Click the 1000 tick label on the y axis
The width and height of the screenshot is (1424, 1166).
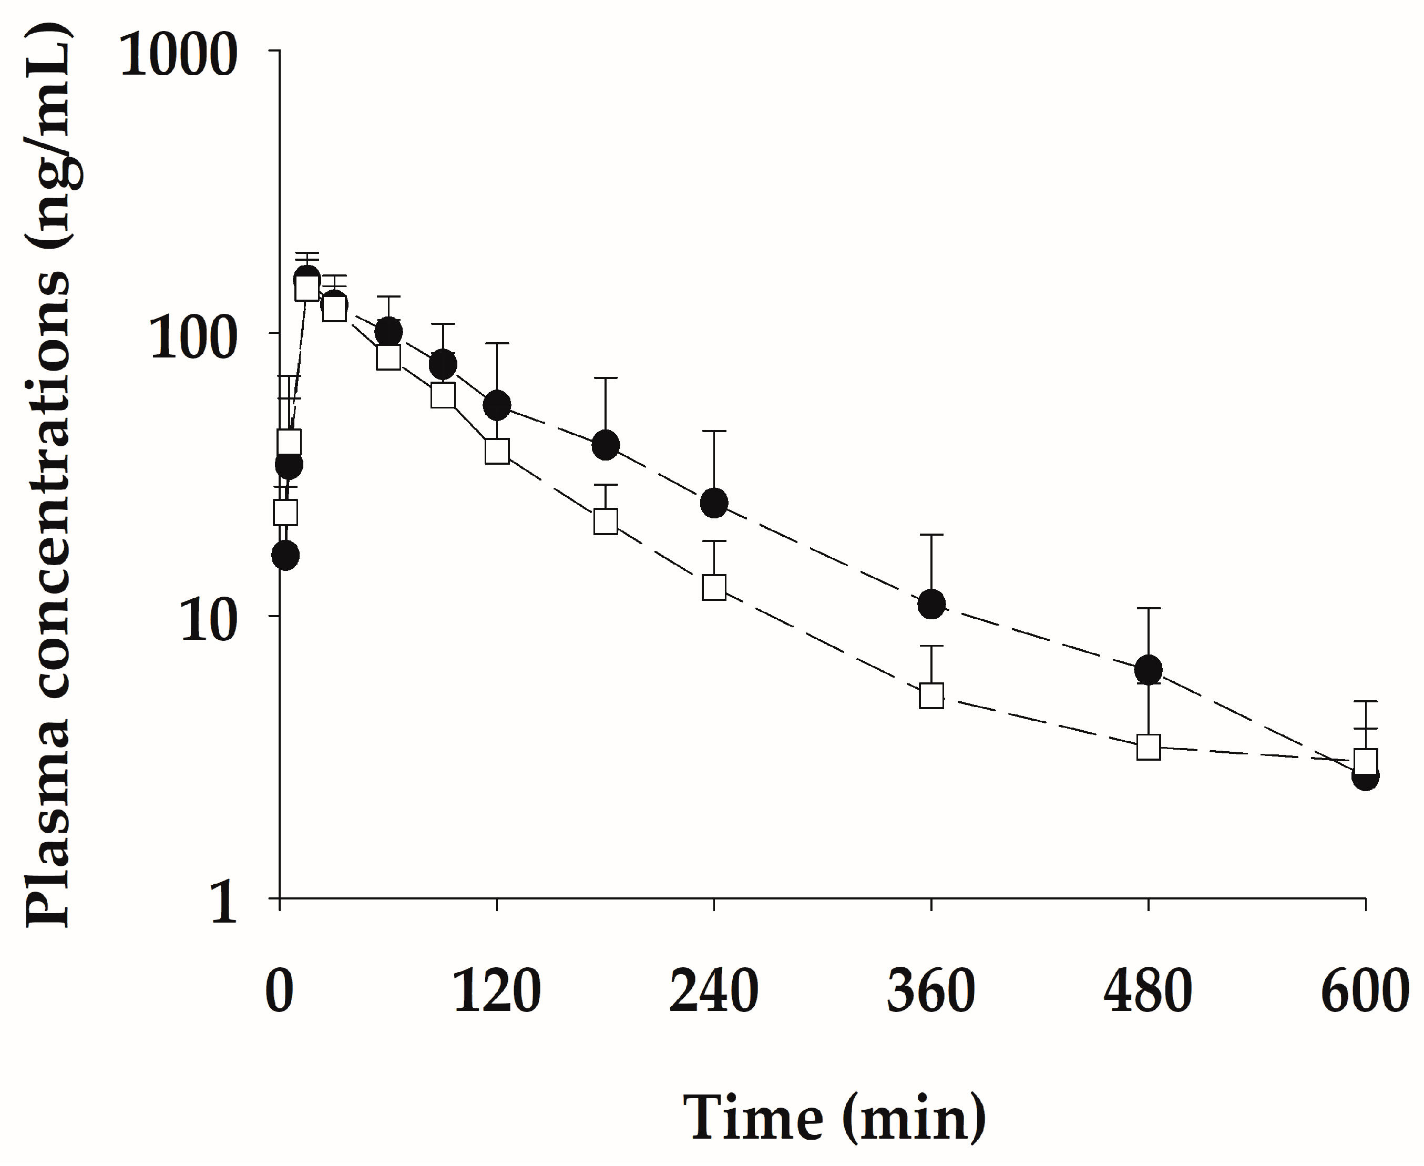pyautogui.click(x=179, y=54)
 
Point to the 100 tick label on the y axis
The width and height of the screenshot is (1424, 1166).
pyautogui.click(x=193, y=337)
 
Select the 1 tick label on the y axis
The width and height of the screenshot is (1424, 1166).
pyautogui.click(x=224, y=903)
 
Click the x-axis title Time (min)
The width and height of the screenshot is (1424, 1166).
pyautogui.click(x=835, y=1118)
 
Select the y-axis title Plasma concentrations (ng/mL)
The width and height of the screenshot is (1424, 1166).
pyautogui.click(x=47, y=477)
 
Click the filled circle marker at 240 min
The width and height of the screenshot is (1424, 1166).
pyautogui.click(x=714, y=503)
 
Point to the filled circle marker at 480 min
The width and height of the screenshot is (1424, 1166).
pyautogui.click(x=1149, y=670)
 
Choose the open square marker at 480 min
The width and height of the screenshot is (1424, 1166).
pyautogui.click(x=1149, y=747)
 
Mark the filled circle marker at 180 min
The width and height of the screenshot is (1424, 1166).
pyautogui.click(x=605, y=445)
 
